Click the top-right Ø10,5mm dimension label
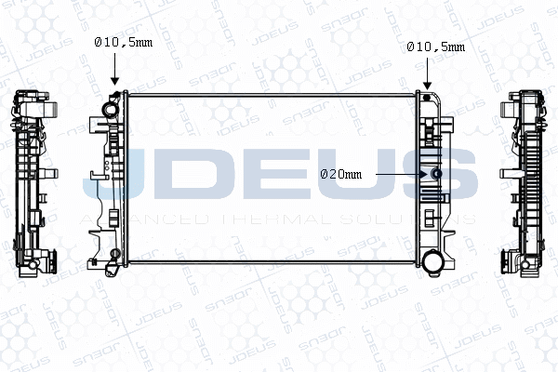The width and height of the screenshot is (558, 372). click(x=436, y=46)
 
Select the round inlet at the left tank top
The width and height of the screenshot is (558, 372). click(x=111, y=109)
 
